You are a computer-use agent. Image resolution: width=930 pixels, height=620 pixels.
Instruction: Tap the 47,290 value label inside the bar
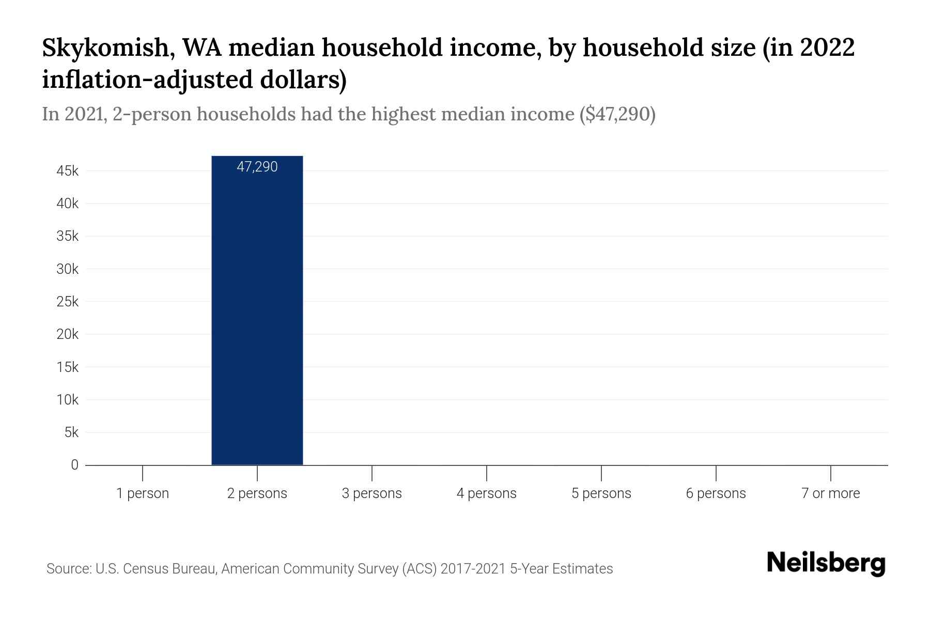(x=257, y=167)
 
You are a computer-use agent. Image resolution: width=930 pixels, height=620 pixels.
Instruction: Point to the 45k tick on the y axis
(x=68, y=171)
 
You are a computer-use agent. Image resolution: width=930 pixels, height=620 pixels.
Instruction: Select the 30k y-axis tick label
(x=68, y=269)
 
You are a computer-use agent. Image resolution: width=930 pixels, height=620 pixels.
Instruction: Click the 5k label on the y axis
(x=71, y=432)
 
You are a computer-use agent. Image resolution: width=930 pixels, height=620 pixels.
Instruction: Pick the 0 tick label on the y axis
(x=74, y=465)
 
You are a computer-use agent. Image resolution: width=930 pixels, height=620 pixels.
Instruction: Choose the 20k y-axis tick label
(x=68, y=334)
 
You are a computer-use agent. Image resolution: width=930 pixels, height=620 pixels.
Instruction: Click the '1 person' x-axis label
(x=143, y=493)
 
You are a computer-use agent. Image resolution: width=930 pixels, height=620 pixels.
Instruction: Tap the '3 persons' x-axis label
(x=371, y=493)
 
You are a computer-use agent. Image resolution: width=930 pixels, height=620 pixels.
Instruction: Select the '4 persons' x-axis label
(x=486, y=493)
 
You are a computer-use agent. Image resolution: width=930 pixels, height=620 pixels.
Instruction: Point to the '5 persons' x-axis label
(x=601, y=493)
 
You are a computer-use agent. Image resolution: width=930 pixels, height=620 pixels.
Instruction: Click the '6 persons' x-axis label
(x=716, y=493)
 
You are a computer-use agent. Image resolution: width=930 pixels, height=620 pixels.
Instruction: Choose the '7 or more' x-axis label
(x=830, y=493)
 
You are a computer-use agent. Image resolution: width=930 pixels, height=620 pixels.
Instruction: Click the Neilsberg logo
(x=826, y=563)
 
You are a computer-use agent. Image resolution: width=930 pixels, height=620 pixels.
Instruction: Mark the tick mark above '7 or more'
(x=830, y=473)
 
